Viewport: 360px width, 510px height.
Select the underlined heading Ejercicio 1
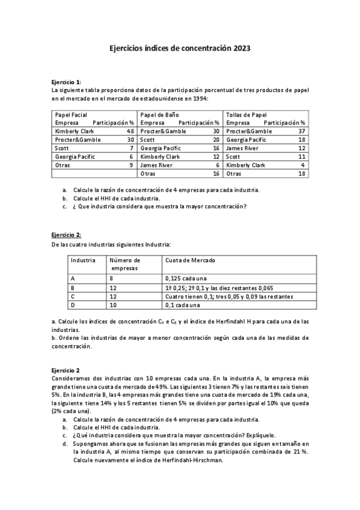tap(66, 82)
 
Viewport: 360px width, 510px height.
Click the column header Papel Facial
tap(71, 114)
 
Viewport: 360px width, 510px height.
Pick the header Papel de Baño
tap(158, 114)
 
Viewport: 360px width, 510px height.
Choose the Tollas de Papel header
tap(246, 114)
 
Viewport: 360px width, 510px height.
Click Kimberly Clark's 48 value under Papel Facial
tap(130, 131)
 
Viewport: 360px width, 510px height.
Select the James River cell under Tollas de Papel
tap(242, 148)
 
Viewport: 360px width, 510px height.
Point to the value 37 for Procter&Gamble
tap(302, 131)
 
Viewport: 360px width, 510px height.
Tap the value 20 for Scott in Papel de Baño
tap(216, 140)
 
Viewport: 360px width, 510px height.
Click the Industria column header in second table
tap(84, 260)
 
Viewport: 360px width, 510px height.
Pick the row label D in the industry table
tap(73, 305)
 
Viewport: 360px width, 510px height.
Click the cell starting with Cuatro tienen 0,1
tap(229, 296)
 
